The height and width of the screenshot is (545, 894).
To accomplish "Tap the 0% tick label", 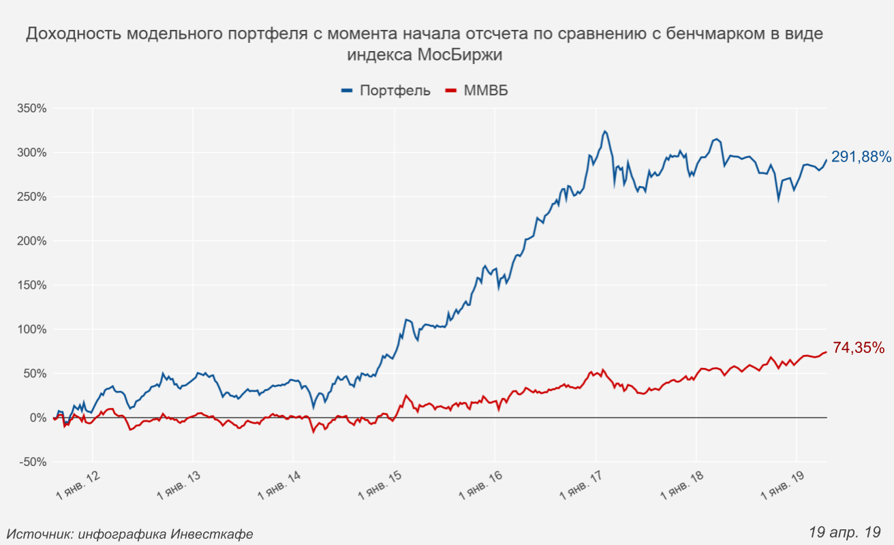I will (37, 418).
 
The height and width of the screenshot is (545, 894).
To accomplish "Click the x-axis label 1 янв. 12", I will (79, 486).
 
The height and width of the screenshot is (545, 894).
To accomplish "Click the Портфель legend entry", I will (386, 91).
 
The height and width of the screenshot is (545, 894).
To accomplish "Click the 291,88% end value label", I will (861, 157).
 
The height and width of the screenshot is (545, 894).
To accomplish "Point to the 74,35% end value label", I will (859, 348).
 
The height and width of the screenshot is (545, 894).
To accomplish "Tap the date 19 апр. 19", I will (845, 531).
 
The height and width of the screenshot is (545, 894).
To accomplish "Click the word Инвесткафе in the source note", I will (211, 534).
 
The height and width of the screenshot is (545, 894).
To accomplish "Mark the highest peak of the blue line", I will (604, 131).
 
